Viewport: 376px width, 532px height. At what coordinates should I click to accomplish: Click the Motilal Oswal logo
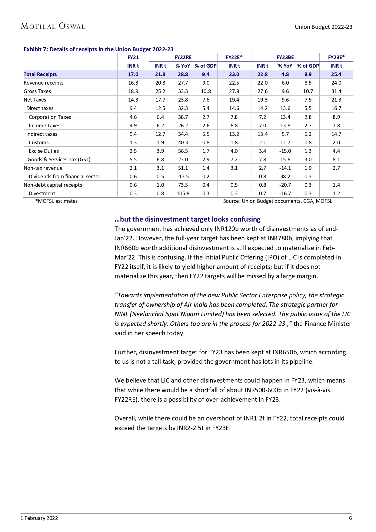tap(53, 26)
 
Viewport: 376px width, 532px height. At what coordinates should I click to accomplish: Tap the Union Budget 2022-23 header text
tap(323, 27)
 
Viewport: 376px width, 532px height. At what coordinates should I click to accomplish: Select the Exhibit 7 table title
tap(98, 49)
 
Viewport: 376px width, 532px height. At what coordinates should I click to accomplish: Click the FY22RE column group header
tap(183, 57)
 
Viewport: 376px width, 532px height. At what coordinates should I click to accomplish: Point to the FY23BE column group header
tap(285, 57)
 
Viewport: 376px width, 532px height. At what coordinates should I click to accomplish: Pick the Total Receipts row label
tap(40, 74)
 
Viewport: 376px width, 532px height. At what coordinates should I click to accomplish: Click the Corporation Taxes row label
tap(50, 117)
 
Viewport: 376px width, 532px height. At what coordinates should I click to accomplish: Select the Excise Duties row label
tap(44, 151)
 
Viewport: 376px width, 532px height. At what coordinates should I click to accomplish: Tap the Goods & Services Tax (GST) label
tap(59, 159)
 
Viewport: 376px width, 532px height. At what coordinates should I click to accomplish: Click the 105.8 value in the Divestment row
tap(183, 193)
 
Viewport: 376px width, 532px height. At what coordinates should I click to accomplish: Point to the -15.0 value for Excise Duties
tap(285, 151)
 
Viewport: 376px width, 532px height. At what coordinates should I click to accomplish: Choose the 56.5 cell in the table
tap(183, 151)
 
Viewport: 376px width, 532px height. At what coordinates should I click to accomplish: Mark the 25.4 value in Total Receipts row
tap(336, 74)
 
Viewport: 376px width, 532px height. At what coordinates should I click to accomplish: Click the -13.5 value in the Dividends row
tap(183, 176)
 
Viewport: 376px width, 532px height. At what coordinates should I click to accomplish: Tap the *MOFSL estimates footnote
tap(56, 201)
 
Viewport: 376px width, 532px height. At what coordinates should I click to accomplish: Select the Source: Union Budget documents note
tap(277, 201)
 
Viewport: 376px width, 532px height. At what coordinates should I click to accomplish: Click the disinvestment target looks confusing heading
tap(188, 219)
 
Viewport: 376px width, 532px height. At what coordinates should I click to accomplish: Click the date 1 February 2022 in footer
tap(39, 518)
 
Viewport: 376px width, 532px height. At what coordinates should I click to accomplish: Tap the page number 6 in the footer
tap(350, 518)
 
